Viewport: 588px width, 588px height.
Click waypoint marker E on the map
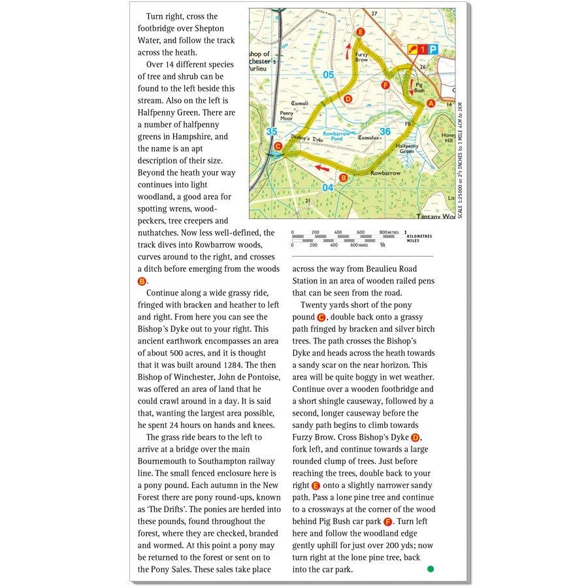[360, 32]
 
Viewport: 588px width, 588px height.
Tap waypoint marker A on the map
[430, 103]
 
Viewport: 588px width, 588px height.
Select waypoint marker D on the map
[348, 99]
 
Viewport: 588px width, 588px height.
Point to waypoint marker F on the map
[385, 85]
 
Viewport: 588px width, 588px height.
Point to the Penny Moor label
[286, 116]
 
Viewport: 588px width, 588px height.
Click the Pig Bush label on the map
[419, 86]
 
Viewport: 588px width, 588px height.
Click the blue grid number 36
[385, 132]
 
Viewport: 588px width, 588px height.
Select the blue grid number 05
[328, 75]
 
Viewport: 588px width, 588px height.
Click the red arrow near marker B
[321, 168]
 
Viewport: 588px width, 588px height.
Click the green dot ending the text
[431, 569]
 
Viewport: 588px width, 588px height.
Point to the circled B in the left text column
[142, 281]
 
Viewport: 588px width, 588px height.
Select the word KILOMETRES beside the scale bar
[419, 236]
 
